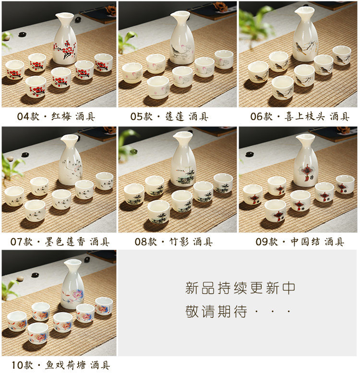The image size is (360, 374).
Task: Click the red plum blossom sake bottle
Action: (x=65, y=39)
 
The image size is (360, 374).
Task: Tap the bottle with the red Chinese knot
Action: (x=306, y=160)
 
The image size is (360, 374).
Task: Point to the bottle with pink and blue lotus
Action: (x=72, y=285)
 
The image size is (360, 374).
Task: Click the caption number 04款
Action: (x=28, y=117)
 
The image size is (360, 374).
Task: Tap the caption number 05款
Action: (x=142, y=117)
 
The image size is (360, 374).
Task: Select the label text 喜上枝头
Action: (x=304, y=117)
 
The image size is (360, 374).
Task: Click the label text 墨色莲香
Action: (x=65, y=242)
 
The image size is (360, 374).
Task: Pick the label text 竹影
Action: (x=179, y=242)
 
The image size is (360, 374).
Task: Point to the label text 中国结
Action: (x=305, y=242)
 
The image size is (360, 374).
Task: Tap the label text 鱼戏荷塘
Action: (x=66, y=365)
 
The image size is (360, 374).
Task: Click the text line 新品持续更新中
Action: (x=240, y=288)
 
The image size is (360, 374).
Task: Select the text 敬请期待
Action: (x=216, y=311)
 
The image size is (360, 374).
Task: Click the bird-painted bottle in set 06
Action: (x=305, y=34)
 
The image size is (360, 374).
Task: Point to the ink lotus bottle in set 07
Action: (x=71, y=160)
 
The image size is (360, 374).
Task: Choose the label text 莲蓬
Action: (x=175, y=117)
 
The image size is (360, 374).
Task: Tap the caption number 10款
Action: (x=23, y=365)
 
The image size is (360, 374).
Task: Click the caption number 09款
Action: (x=267, y=242)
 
